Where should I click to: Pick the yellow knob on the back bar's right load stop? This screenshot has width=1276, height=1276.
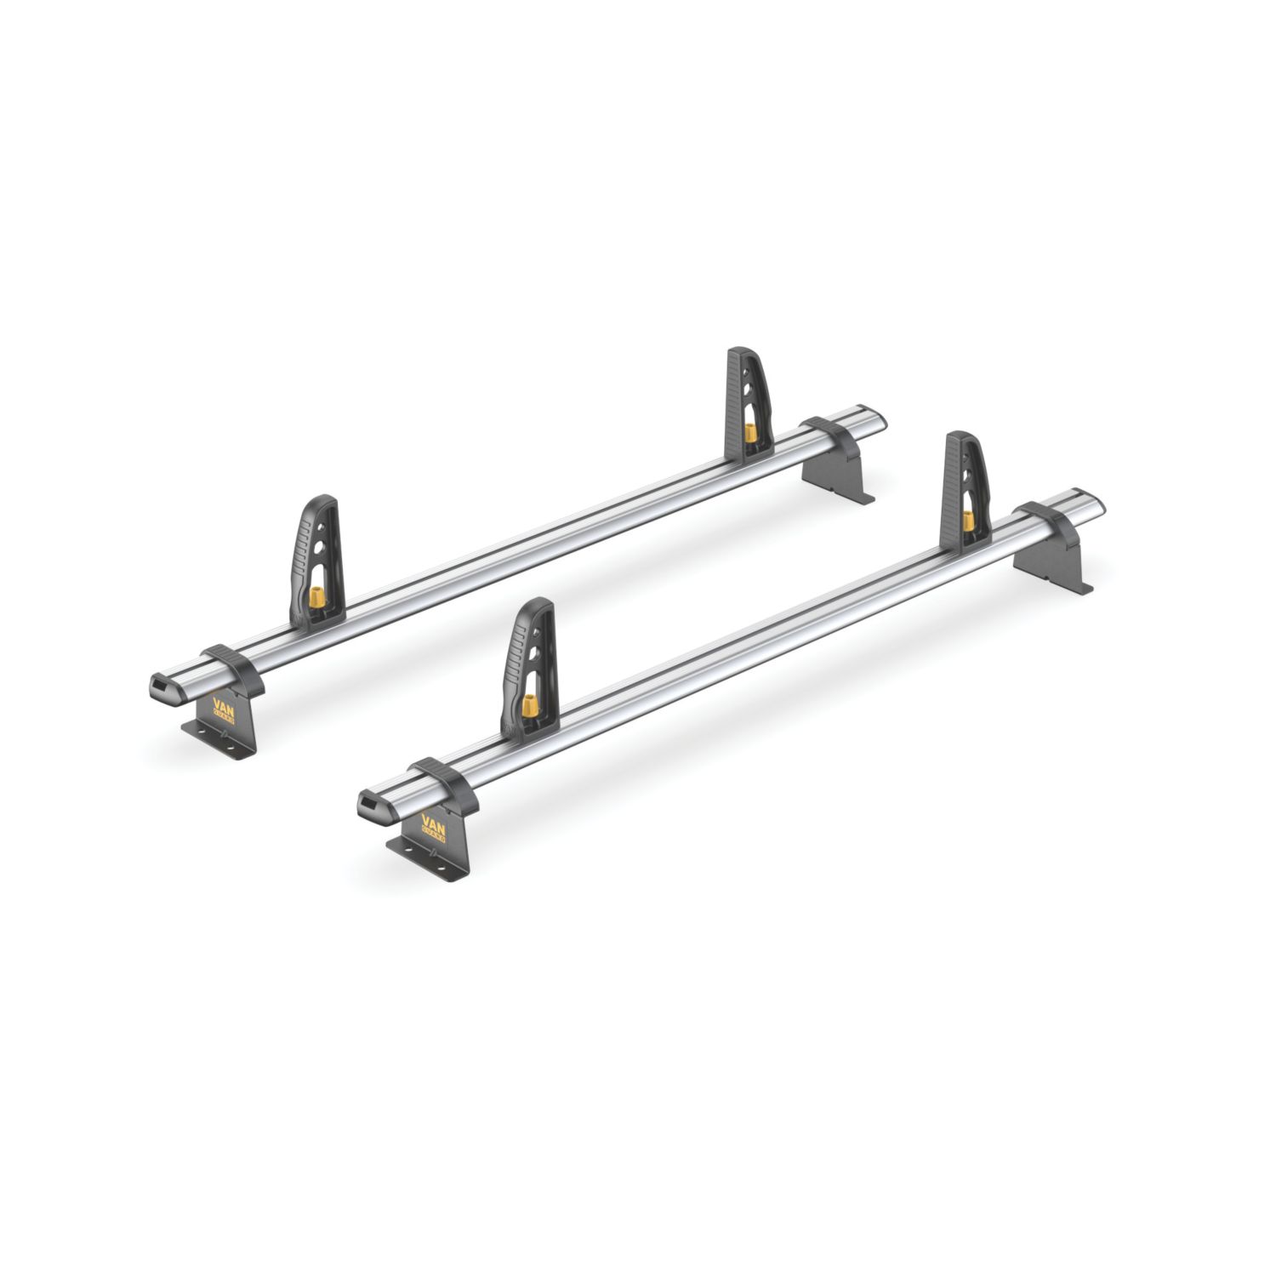[750, 432]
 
